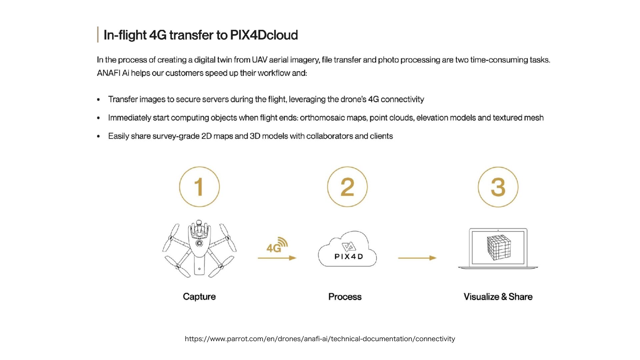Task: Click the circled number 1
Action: point(199,187)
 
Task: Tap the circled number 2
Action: point(347,187)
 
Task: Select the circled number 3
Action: point(498,187)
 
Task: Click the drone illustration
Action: point(199,249)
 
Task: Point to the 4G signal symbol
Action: point(277,245)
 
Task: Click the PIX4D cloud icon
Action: point(348,250)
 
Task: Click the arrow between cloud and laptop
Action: point(417,258)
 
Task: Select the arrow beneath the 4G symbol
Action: point(277,258)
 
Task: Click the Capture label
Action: point(199,297)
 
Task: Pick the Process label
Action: point(345,297)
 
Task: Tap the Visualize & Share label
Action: point(498,297)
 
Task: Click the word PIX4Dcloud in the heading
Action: point(264,35)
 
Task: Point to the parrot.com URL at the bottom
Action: point(320,339)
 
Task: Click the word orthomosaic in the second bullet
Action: point(322,118)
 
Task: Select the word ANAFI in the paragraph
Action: point(108,73)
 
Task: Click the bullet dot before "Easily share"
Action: point(98,136)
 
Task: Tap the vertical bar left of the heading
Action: point(98,35)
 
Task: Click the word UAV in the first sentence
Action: point(259,60)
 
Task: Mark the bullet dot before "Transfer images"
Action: point(98,100)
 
